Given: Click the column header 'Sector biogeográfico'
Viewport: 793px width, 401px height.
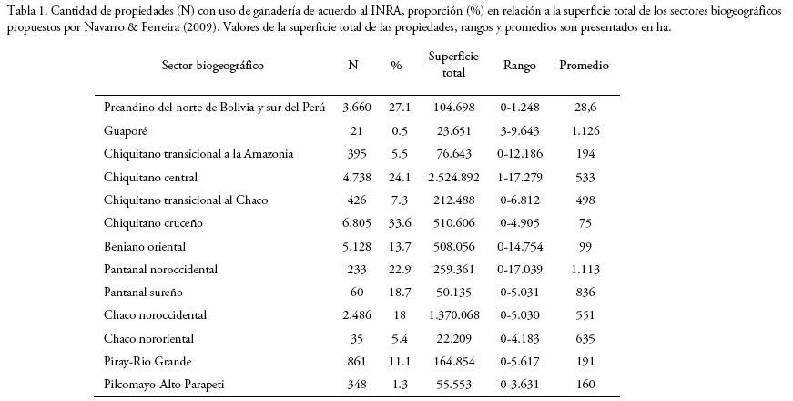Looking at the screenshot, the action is (x=212, y=66).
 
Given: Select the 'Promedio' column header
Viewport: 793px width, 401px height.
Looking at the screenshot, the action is (x=585, y=66).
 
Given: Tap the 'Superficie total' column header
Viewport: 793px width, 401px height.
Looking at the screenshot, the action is (x=453, y=65).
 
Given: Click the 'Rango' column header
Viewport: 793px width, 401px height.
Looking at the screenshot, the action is (x=519, y=66).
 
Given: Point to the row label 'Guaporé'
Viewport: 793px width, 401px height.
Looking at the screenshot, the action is (x=126, y=130).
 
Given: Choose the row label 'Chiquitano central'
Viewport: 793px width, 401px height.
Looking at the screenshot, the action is (x=151, y=177).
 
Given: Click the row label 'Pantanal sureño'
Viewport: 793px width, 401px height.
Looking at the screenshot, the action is (x=143, y=293).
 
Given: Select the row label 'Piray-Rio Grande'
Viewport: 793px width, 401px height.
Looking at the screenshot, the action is (x=147, y=362).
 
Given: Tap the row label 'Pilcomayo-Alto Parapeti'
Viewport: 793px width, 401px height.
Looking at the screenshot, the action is (x=164, y=385).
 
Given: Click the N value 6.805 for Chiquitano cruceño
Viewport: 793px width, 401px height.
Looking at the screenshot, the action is (x=357, y=222).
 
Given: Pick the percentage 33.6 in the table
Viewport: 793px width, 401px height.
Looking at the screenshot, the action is (x=400, y=222).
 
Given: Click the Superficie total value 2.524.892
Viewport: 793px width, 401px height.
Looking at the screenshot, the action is (x=453, y=177).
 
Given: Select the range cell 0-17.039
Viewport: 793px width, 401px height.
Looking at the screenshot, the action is (x=520, y=270).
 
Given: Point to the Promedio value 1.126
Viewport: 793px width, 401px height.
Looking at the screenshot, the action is (x=585, y=130).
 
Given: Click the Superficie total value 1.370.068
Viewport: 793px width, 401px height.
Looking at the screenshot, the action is (x=453, y=315).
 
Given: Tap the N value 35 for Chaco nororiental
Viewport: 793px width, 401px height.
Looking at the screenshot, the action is (x=357, y=338).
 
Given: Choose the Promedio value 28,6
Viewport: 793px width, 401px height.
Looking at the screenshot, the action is (x=585, y=108).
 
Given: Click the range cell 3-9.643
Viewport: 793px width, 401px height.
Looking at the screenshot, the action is (x=520, y=130).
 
